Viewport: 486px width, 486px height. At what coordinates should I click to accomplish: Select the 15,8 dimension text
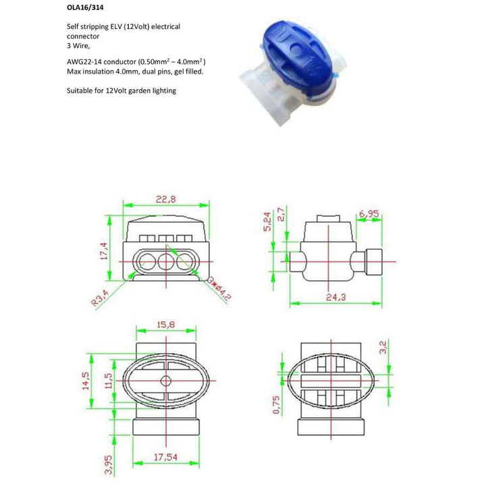tap(167, 325)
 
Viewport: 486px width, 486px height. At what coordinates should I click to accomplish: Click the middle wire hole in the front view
tap(162, 261)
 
